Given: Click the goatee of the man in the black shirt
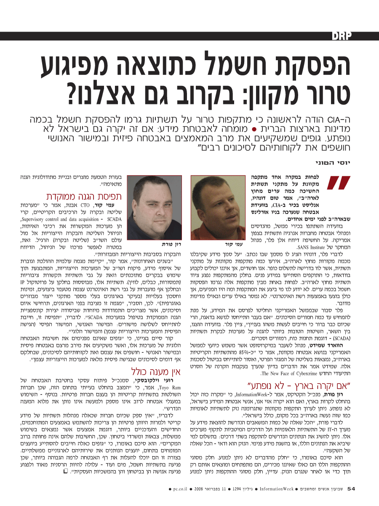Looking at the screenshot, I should coord(152,223).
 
